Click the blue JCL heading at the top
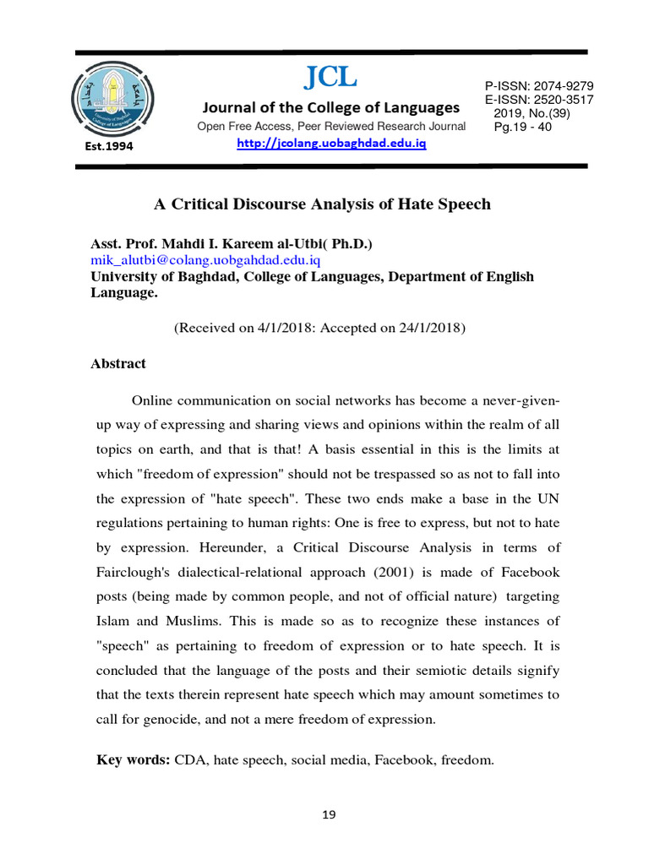pos(330,78)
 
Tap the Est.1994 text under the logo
pos(103,145)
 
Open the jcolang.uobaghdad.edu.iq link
pos(331,144)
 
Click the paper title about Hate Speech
pos(321,204)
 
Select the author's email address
pos(205,260)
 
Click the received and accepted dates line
pos(320,328)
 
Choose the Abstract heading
pos(117,363)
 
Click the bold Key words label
pos(134,760)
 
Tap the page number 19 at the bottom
pos(329,815)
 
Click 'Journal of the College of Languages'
pos(330,108)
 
